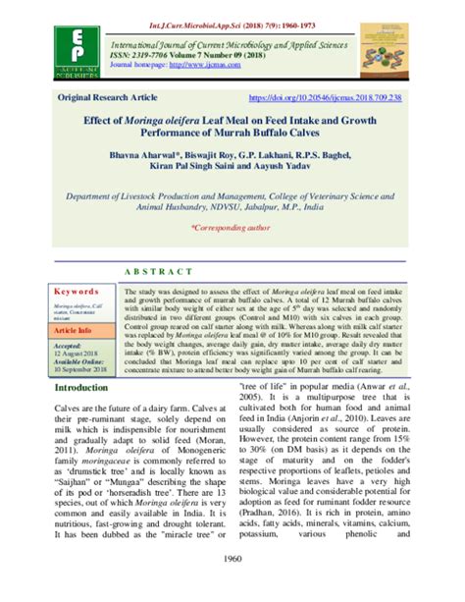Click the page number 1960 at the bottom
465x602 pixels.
tap(232, 586)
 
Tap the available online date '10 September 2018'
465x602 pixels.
tap(83, 370)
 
